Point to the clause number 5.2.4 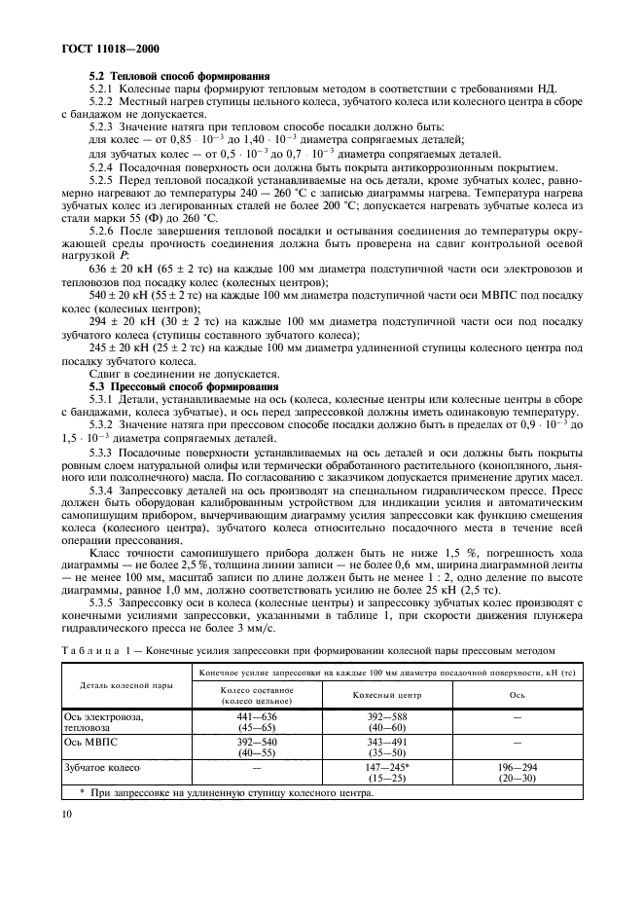101,167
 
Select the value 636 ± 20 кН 120,268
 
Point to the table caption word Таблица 89,651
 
